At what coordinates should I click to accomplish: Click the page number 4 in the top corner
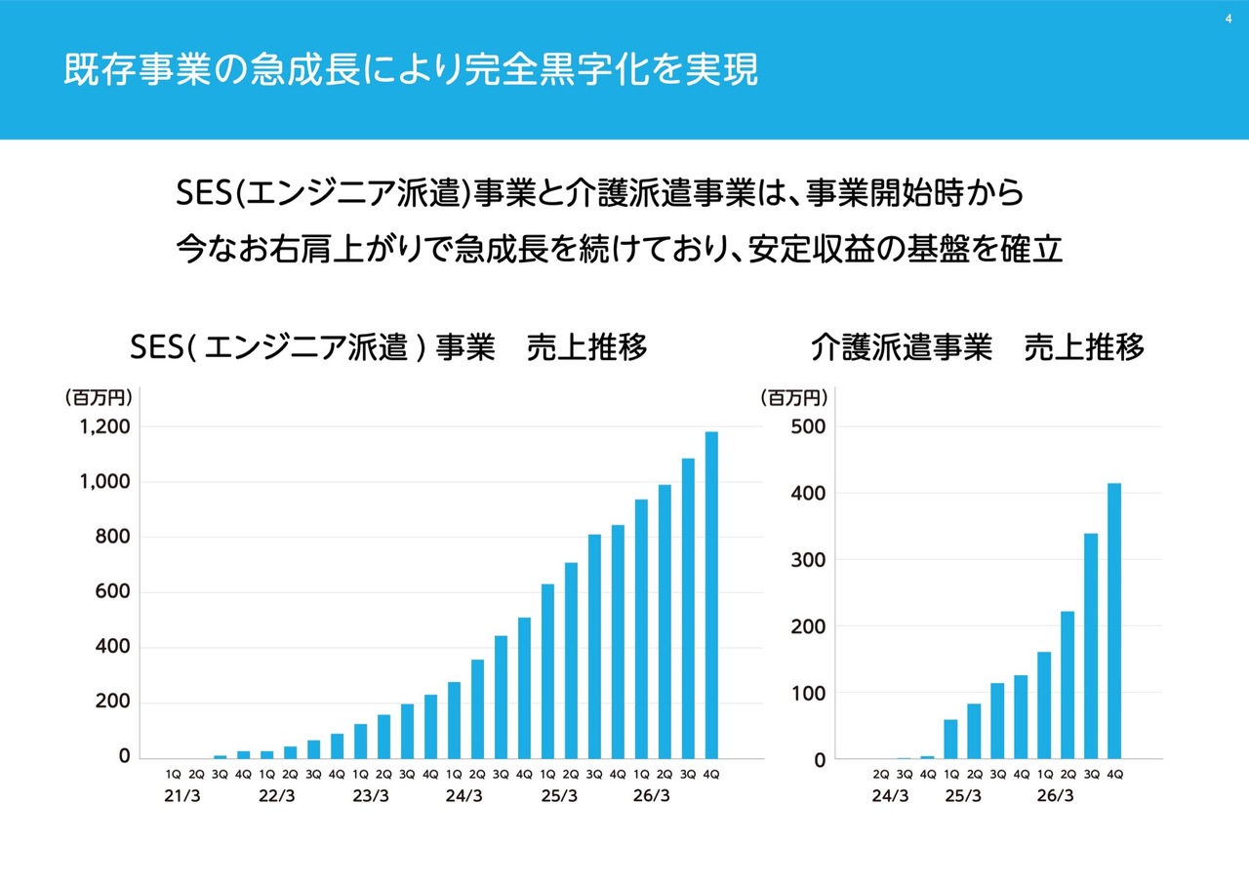click(x=1229, y=19)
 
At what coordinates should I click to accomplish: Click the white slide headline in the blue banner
click(x=411, y=70)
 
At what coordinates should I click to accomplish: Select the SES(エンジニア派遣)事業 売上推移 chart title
click(x=388, y=346)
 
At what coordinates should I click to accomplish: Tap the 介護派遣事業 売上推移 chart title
click(x=977, y=346)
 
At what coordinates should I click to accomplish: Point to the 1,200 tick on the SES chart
click(x=104, y=427)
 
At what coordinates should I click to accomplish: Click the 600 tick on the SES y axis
click(x=112, y=591)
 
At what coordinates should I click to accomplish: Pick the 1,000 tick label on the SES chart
click(x=104, y=482)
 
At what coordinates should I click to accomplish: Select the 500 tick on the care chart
click(x=808, y=427)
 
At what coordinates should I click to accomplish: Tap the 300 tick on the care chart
click(x=808, y=560)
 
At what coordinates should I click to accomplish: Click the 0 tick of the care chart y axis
click(x=820, y=760)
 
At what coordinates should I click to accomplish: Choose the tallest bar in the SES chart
click(x=711, y=595)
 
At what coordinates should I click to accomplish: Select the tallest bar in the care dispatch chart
click(x=1114, y=621)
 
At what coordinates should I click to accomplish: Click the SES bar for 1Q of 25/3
click(x=547, y=671)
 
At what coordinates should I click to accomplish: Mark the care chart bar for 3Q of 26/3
click(x=1091, y=646)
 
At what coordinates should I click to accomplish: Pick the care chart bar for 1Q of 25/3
click(x=950, y=740)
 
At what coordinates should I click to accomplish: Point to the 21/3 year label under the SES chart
click(x=181, y=796)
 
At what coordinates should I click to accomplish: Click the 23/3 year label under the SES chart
click(x=370, y=796)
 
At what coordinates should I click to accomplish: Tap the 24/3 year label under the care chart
click(x=890, y=796)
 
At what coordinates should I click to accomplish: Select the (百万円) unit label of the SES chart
click(x=99, y=398)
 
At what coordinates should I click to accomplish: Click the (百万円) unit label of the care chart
click(x=794, y=398)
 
